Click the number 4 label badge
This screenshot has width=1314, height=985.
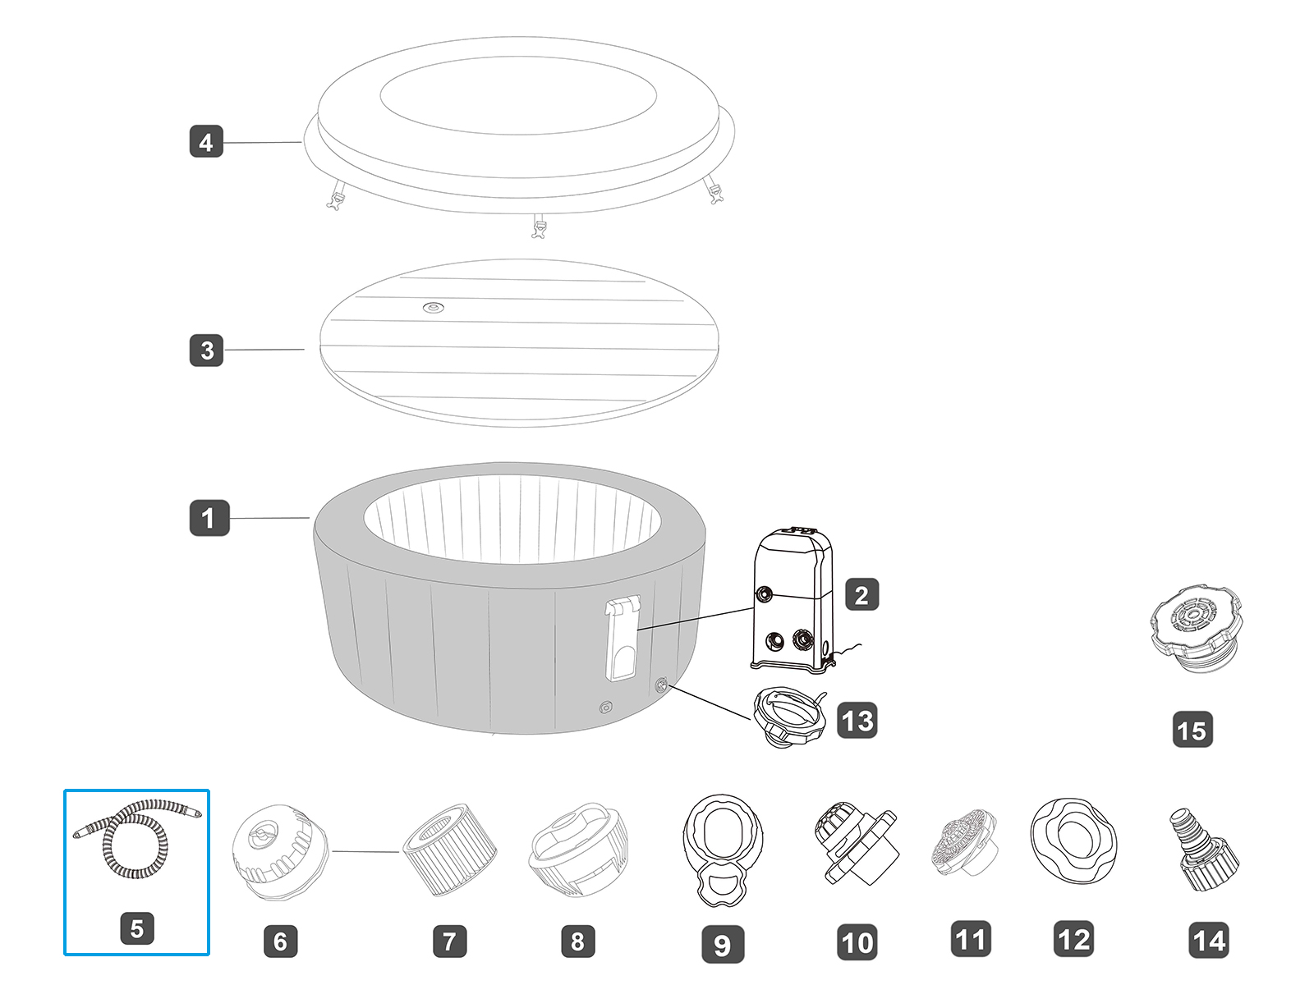(x=206, y=142)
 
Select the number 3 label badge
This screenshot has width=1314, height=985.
(x=206, y=350)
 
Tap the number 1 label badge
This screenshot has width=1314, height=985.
(x=209, y=518)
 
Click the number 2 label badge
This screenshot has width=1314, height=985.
(x=861, y=594)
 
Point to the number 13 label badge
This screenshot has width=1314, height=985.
(x=857, y=721)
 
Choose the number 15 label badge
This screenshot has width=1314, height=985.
(x=1192, y=730)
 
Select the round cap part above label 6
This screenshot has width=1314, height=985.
(x=279, y=851)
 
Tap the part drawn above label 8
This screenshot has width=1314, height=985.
(x=578, y=850)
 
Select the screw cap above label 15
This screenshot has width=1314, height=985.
(x=1196, y=627)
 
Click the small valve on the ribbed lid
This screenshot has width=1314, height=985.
(x=434, y=308)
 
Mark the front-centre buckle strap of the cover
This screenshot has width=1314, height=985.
(x=539, y=226)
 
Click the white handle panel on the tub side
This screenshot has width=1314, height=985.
(x=623, y=639)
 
